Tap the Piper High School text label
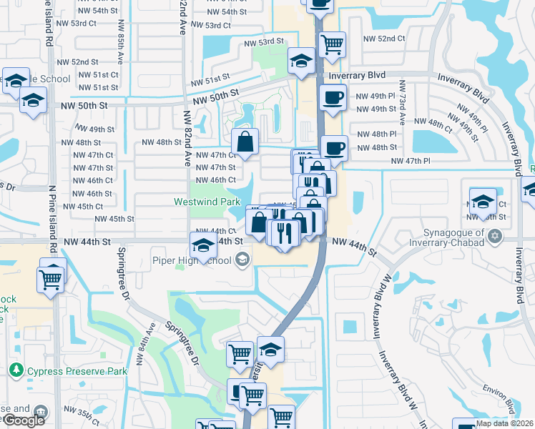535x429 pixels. click(192, 260)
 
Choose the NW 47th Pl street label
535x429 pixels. click(411, 161)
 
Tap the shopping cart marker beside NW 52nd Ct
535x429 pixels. click(333, 44)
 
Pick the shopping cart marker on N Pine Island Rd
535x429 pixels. click(51, 280)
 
